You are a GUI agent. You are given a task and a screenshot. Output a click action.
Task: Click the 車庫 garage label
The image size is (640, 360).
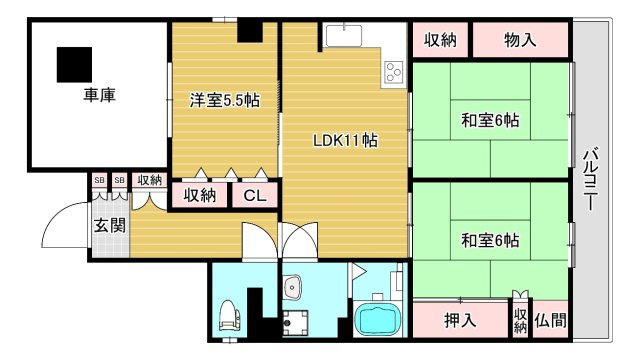pyautogui.click(x=99, y=96)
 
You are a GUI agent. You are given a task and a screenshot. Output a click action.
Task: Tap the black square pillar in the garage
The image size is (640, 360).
pyautogui.click(x=73, y=65)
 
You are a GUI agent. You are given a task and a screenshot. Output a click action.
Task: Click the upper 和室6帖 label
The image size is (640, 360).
pyautogui.click(x=490, y=120)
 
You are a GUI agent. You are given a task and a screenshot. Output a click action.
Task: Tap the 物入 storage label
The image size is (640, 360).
pyautogui.click(x=520, y=40)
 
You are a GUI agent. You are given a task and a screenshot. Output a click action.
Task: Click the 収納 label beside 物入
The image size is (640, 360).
pyautogui.click(x=440, y=40)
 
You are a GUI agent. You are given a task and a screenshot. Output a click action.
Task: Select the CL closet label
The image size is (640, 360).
pyautogui.click(x=254, y=196)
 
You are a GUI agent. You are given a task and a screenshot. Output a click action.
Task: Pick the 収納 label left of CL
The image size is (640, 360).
pyautogui.click(x=200, y=196)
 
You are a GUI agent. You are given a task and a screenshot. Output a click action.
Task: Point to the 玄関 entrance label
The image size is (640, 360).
pyautogui.click(x=110, y=225)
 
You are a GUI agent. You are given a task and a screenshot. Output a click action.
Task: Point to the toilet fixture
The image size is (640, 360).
pyautogui.click(x=228, y=314)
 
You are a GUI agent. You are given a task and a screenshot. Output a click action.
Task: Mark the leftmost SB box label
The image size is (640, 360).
pyautogui.click(x=99, y=180)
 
